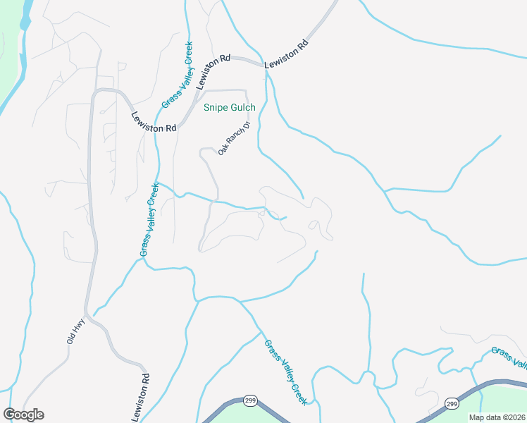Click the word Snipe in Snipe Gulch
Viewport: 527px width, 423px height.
[217, 108]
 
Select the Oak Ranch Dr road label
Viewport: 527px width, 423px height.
[234, 138]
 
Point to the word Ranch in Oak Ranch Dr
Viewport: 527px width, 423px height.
[235, 137]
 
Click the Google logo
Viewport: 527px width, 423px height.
[23, 415]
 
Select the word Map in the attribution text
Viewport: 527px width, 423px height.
[478, 417]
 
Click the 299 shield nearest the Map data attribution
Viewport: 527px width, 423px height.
[452, 403]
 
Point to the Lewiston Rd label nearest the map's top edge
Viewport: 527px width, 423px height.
[287, 54]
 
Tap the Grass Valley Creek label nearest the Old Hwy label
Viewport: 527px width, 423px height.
[149, 219]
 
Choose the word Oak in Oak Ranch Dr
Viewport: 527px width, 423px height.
[223, 149]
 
